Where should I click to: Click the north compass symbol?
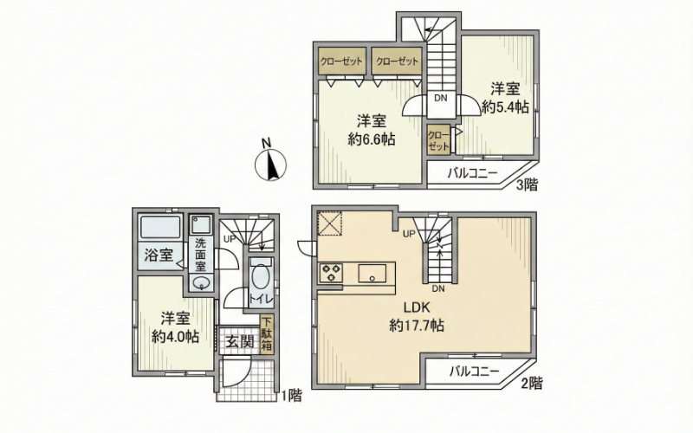[270, 165]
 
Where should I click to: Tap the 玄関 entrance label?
[240, 342]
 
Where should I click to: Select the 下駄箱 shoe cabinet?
[267, 334]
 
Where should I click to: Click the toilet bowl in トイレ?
[259, 279]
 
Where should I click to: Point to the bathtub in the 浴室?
[160, 227]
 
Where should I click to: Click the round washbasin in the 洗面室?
[202, 282]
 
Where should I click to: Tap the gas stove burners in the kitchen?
[331, 272]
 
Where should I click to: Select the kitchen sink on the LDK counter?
[372, 272]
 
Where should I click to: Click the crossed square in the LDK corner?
[330, 225]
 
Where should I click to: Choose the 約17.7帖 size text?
[417, 326]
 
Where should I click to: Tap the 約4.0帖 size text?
[175, 337]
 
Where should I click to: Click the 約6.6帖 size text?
[372, 139]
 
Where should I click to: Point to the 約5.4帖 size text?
[505, 107]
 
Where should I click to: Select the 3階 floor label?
[528, 184]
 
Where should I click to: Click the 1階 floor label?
[292, 395]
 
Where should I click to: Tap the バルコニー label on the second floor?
[474, 372]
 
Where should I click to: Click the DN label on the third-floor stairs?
[440, 99]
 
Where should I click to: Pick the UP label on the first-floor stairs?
[230, 240]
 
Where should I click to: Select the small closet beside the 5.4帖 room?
[439, 140]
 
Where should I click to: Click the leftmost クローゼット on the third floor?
[341, 61]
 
